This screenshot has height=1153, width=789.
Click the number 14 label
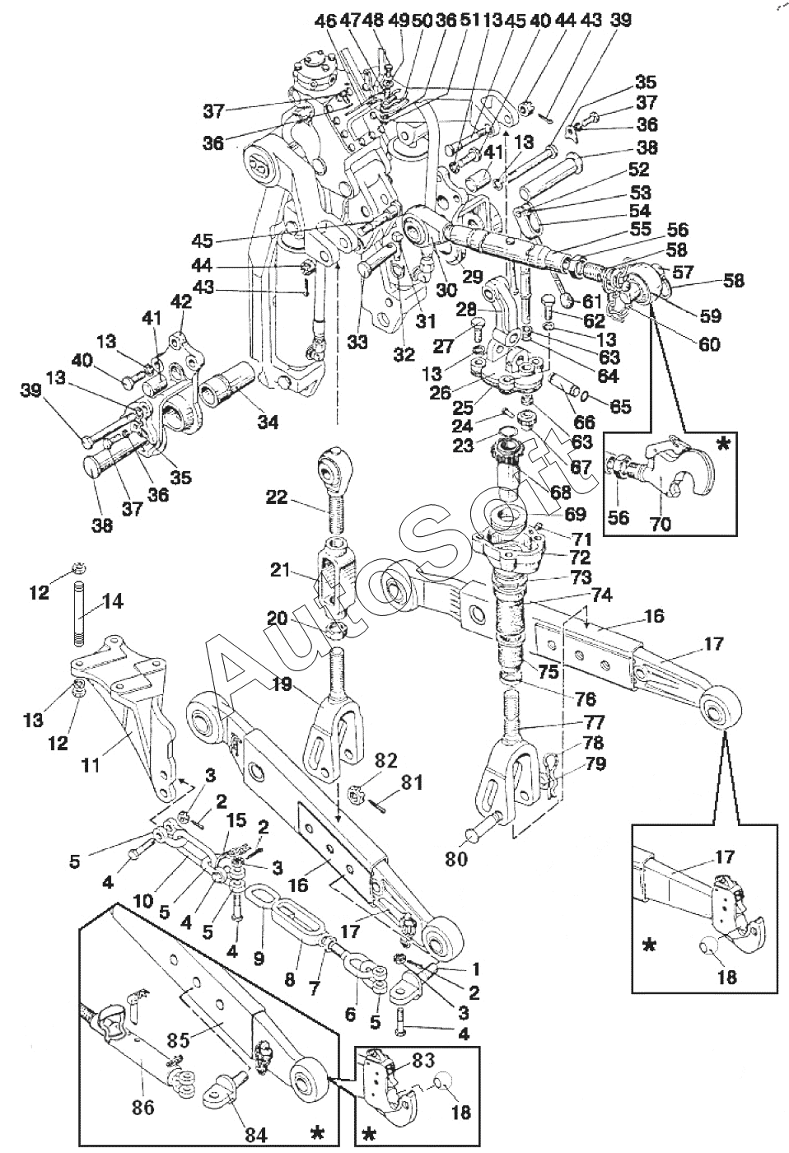click(x=113, y=601)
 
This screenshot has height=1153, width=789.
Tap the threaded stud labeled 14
click(x=79, y=613)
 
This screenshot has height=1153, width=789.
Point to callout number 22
click(x=277, y=497)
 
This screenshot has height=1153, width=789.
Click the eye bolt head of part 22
click(x=334, y=469)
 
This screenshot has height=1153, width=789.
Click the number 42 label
click(x=181, y=301)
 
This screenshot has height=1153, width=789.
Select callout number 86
click(x=143, y=1107)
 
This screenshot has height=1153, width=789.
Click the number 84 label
click(x=255, y=1135)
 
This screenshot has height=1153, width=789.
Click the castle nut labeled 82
click(x=357, y=791)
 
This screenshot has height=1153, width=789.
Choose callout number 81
click(x=411, y=783)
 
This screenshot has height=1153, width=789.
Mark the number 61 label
click(x=592, y=301)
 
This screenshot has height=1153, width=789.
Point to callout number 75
click(x=548, y=670)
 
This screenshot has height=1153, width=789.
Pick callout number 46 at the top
click(x=325, y=21)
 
